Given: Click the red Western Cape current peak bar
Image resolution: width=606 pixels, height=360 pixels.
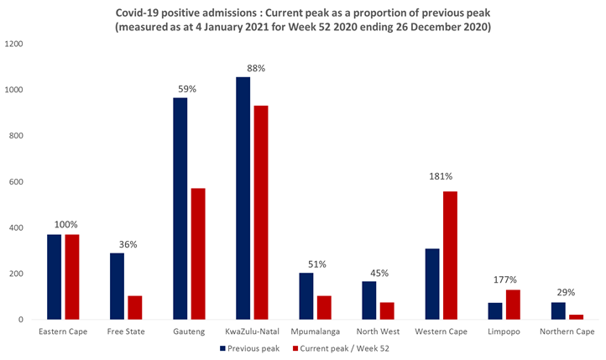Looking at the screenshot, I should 449,255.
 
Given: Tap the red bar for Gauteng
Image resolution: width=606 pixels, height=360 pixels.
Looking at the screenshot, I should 198,253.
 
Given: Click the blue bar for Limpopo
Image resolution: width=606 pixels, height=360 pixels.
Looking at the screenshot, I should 495,310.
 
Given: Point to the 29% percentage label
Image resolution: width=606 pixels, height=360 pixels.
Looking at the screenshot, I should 566,292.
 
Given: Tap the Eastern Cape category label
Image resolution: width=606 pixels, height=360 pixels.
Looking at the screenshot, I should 63,331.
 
